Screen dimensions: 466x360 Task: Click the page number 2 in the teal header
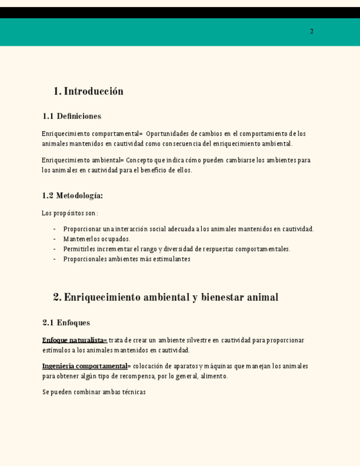coord(312,31)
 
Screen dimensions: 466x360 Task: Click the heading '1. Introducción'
coord(88,91)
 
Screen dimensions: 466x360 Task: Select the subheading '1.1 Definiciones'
coord(71,116)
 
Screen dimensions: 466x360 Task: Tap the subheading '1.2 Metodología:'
coord(72,196)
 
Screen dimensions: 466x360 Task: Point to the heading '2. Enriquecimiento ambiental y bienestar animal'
coord(165,297)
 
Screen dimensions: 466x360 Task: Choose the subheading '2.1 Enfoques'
coord(66,323)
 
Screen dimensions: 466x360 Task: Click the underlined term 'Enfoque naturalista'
coord(73,340)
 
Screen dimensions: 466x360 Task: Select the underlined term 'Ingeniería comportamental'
coord(85,366)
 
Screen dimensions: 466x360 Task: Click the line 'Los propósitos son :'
coord(70,213)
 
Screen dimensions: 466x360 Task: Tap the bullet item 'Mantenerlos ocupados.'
coord(97,239)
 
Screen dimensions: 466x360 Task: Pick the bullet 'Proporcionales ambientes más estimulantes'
coord(126,259)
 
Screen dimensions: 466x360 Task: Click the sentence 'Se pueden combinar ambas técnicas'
coord(94,392)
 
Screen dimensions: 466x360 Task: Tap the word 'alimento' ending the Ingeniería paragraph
coord(215,376)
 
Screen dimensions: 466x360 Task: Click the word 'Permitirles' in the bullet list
coord(79,249)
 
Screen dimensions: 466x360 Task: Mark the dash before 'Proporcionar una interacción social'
coord(54,229)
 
